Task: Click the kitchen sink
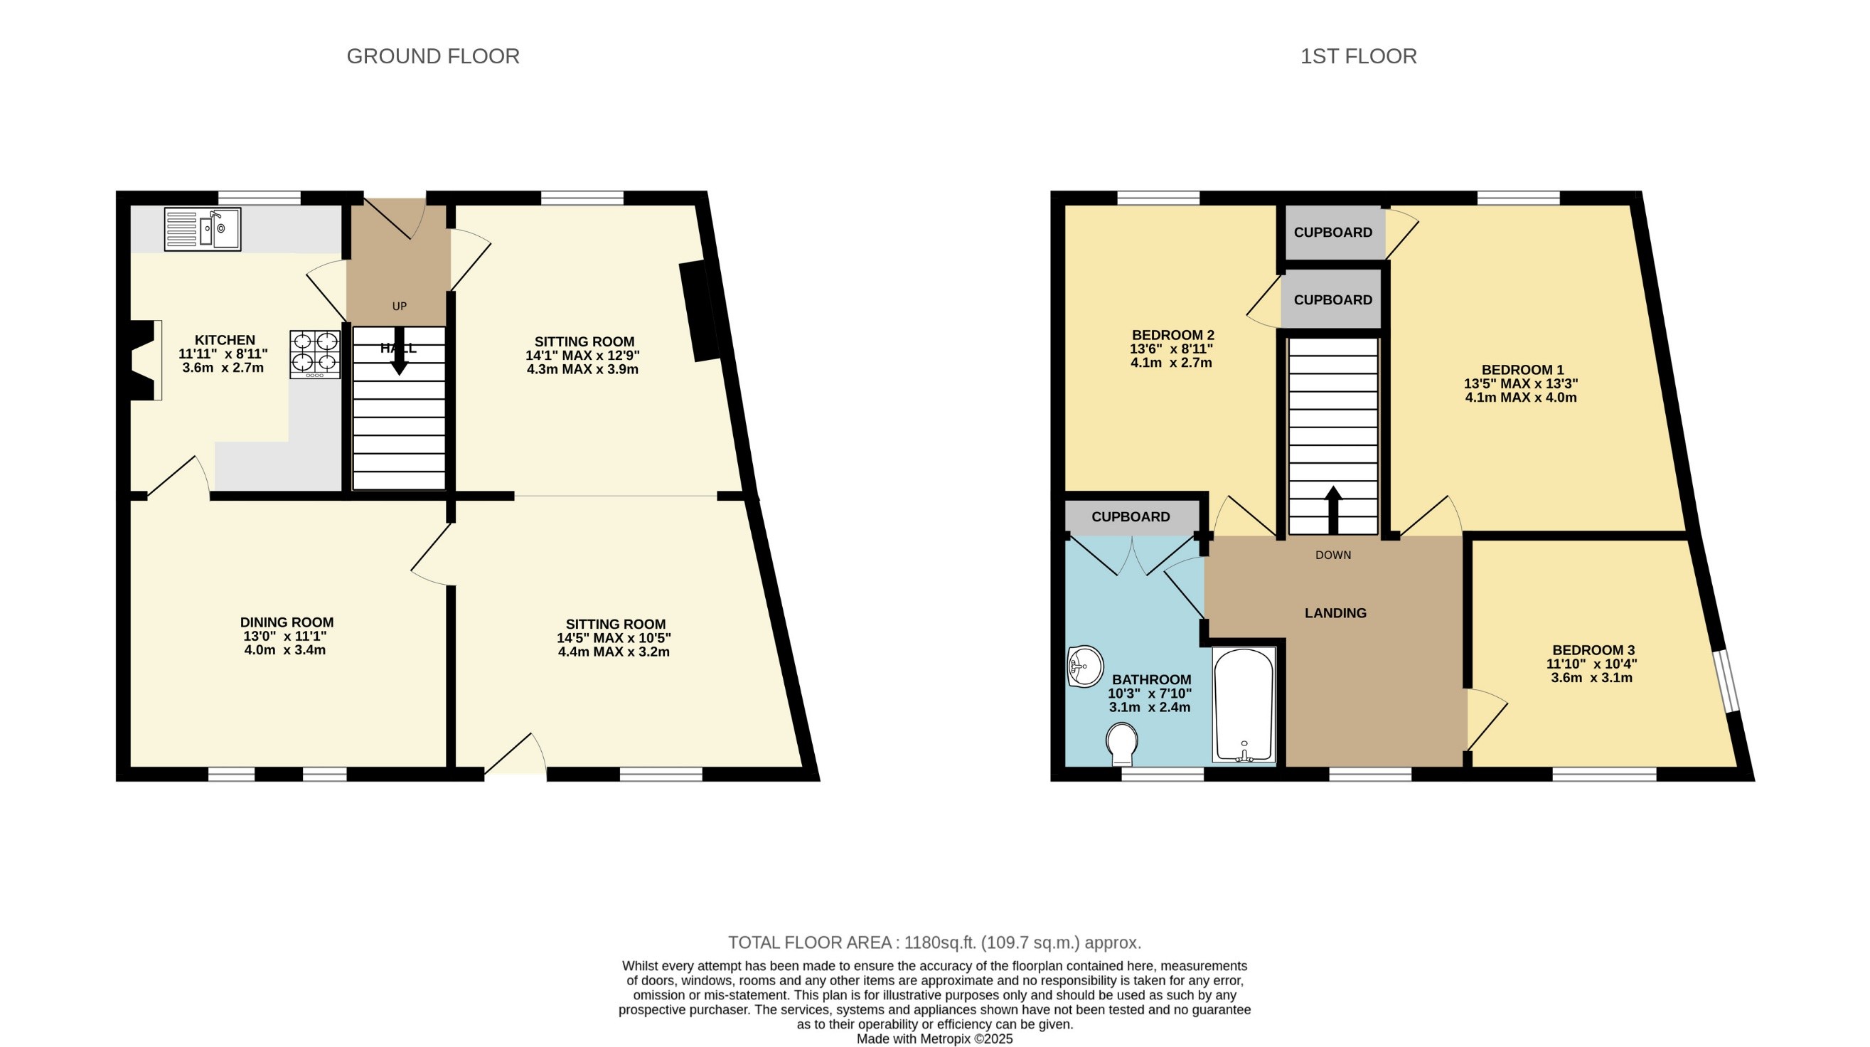click(x=202, y=230)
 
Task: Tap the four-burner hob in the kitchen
click(x=315, y=354)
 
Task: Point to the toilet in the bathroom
click(x=1121, y=743)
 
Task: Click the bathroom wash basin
click(x=1084, y=666)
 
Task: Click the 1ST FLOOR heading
click(x=1358, y=56)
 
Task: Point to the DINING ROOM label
click(x=287, y=622)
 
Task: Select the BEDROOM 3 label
click(x=1593, y=650)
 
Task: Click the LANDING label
click(x=1336, y=613)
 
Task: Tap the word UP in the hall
click(x=400, y=307)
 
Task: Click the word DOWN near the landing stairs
click(x=1334, y=555)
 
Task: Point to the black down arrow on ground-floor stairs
click(x=399, y=351)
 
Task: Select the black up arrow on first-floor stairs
click(x=1334, y=510)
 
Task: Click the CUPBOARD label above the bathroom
click(x=1131, y=517)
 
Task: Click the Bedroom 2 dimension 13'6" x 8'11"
click(x=1172, y=349)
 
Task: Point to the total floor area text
click(x=935, y=942)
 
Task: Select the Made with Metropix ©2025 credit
click(x=935, y=1039)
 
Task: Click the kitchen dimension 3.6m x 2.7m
click(x=223, y=368)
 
